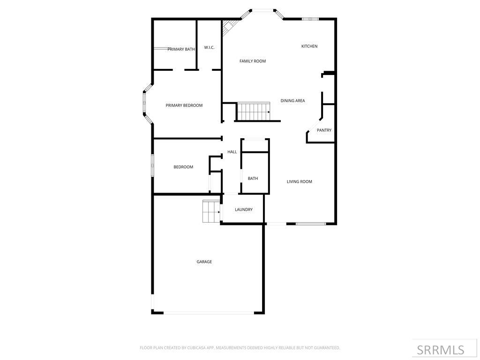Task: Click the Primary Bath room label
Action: coord(181,49)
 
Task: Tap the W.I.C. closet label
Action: coord(209,47)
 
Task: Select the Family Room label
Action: coord(253,61)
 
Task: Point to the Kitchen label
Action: coord(309,46)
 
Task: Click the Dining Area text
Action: coord(293,101)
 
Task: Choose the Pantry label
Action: coord(324,130)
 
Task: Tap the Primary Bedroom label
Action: coord(184,105)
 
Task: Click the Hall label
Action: coord(232,152)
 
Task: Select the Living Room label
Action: coord(300,181)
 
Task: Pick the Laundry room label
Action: coord(244,210)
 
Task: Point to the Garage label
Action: coord(204,262)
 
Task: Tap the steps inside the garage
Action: coord(211,212)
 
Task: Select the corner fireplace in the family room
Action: coord(229,26)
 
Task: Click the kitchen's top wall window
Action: coord(310,19)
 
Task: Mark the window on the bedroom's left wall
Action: coord(152,166)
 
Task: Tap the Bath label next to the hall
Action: coord(253,178)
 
